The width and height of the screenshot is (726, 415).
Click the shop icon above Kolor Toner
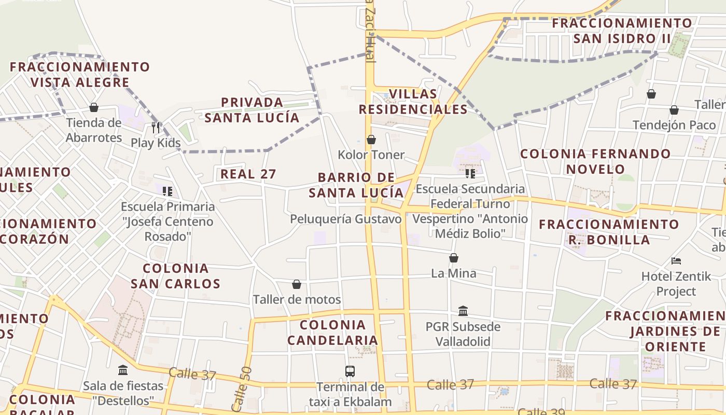pos(371,140)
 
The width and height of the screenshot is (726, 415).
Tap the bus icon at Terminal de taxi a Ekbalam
pos(350,371)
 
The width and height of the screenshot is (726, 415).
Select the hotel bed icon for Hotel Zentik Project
pos(676,260)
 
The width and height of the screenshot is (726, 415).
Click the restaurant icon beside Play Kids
pos(156,127)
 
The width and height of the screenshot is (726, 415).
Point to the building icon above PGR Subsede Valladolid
pos(463,311)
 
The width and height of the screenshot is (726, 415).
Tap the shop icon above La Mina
pos(454,258)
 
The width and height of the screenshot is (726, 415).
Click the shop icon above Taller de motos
pos(297,284)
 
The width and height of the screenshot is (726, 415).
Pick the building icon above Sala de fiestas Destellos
pos(123,370)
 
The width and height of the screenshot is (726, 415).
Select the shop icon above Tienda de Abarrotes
pos(94,107)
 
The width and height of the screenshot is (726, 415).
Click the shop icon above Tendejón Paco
pos(674,110)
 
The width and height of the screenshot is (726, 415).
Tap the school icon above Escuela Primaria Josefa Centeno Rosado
pos(167,191)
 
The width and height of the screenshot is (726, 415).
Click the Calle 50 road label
pos(246,389)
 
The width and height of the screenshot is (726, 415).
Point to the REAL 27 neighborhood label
pos(248,174)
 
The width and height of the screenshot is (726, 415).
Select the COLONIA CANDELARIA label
pos(333,333)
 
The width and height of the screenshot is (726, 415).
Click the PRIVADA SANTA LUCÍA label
pos(252,110)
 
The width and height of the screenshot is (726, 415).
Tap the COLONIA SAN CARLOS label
pos(175,276)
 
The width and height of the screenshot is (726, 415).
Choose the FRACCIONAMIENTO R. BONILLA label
pos(609,232)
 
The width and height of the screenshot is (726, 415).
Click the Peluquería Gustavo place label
pos(346,219)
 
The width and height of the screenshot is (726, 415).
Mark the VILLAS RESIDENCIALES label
pos(413,102)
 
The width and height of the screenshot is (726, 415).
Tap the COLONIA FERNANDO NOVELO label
pos(595,161)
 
